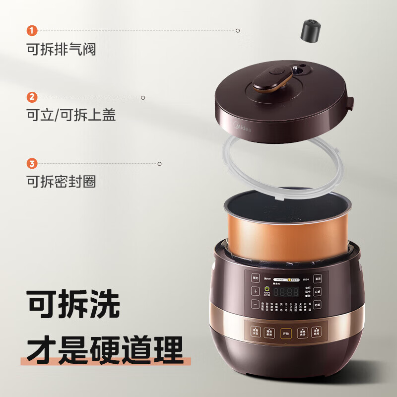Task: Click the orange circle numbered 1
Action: click(32, 31)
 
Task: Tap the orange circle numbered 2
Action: click(32, 97)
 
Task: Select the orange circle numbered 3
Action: click(32, 163)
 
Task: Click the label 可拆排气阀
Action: click(61, 49)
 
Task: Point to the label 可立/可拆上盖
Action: click(71, 115)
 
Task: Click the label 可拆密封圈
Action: click(61, 181)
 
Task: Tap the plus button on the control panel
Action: click(256, 291)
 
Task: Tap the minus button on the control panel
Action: click(256, 304)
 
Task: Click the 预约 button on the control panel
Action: click(256, 278)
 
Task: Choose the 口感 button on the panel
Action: click(318, 291)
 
